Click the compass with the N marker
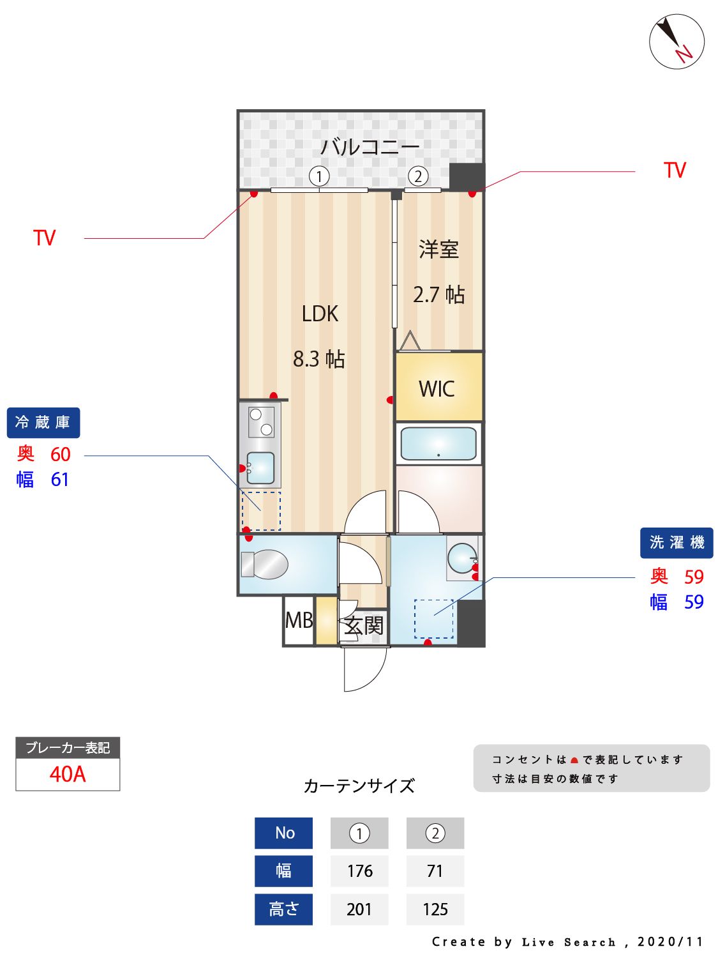tap(677, 42)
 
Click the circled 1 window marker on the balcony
tap(319, 176)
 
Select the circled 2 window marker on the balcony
tap(418, 176)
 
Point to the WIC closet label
tap(437, 388)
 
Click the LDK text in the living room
tap(320, 314)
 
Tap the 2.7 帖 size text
tap(438, 294)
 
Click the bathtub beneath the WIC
tap(438, 443)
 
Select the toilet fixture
tap(264, 564)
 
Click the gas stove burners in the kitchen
tap(261, 422)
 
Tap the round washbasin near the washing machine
tap(461, 558)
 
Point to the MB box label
tap(299, 620)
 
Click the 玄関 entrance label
tap(364, 625)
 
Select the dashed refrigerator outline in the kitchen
tap(261, 511)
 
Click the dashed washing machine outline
tap(434, 618)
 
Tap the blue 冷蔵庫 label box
tap(43, 422)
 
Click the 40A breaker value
tap(68, 774)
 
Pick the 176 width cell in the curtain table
tap(359, 871)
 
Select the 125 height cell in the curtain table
tap(435, 909)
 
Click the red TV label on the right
tap(674, 170)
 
